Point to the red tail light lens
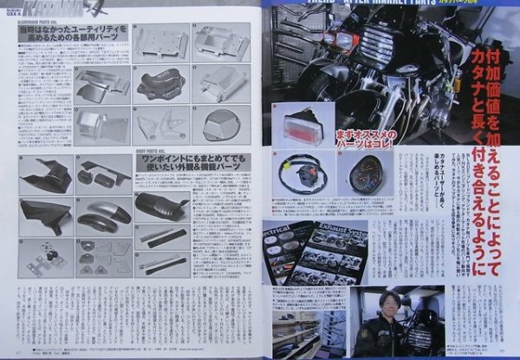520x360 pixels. point(296,126)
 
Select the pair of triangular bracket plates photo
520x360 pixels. point(161,126)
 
